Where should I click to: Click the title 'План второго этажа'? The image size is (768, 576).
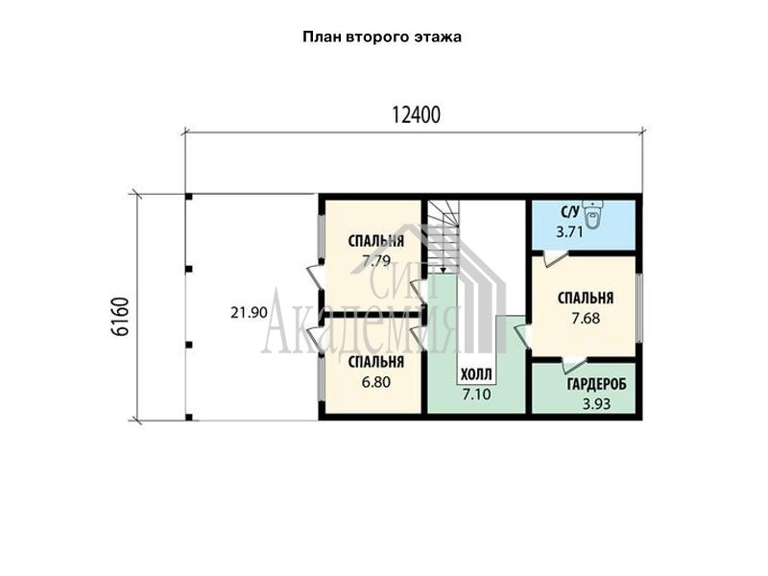click(x=382, y=37)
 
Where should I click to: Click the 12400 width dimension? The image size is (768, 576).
click(x=417, y=115)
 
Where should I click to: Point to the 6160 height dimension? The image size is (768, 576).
click(x=121, y=317)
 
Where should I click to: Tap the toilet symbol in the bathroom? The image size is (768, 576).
click(x=593, y=216)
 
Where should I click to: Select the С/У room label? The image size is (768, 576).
click(x=570, y=212)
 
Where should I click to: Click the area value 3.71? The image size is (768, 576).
click(x=569, y=231)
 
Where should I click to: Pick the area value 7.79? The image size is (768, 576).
click(x=376, y=260)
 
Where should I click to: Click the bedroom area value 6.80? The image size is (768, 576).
click(x=376, y=381)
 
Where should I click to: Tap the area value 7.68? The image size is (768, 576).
click(x=586, y=319)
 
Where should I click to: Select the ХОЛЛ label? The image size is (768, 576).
click(x=476, y=375)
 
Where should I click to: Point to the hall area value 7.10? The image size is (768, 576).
click(x=476, y=394)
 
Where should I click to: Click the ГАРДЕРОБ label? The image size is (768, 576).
click(x=597, y=385)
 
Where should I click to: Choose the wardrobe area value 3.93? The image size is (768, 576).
click(x=596, y=404)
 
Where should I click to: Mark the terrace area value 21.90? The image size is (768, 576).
click(x=250, y=313)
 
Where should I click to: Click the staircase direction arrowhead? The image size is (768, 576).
click(x=443, y=270)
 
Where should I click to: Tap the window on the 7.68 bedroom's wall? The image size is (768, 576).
click(x=638, y=307)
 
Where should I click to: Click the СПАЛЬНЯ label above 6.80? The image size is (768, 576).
click(x=376, y=362)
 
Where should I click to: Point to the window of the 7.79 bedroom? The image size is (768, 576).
click(x=321, y=237)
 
